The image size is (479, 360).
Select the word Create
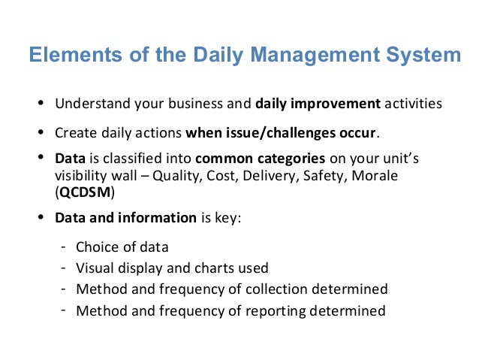(74, 134)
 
